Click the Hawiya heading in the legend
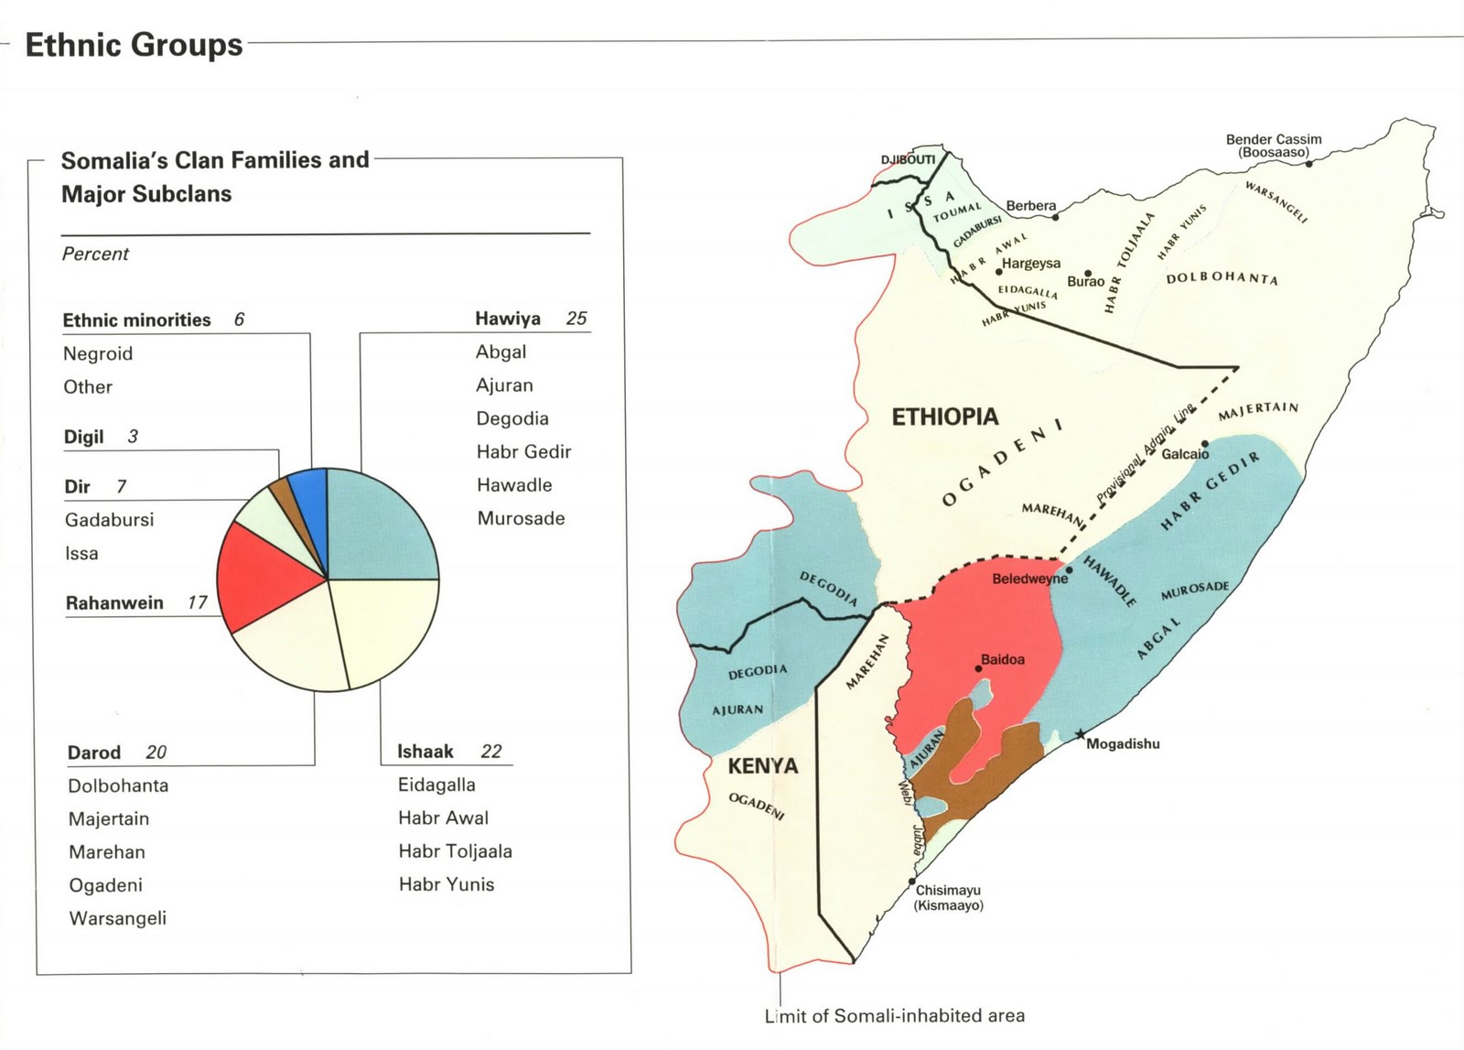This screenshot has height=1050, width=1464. [x=508, y=319]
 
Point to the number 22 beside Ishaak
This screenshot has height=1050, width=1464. [x=491, y=752]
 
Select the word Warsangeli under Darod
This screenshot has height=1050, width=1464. [x=117, y=918]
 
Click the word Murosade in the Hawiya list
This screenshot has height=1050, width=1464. [x=521, y=518]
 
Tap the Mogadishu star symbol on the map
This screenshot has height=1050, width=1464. [x=1081, y=734]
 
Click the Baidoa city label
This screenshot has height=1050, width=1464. [x=1003, y=659]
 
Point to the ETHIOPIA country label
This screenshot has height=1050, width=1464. [x=945, y=417]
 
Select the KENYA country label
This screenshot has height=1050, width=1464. [x=762, y=766]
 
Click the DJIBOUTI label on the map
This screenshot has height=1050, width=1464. [x=908, y=159]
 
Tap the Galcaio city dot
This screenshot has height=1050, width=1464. [x=1205, y=443]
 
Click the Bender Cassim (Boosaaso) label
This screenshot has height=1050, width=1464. [x=1274, y=146]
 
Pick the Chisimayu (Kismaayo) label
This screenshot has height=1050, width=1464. [x=948, y=897]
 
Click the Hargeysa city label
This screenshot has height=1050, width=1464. [x=1031, y=264]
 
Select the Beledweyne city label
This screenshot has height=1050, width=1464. [x=1029, y=579]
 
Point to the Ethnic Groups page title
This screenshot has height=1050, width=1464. [x=134, y=44]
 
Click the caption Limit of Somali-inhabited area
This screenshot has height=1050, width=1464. [x=894, y=1015]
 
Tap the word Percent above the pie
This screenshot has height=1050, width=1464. [x=95, y=254]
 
